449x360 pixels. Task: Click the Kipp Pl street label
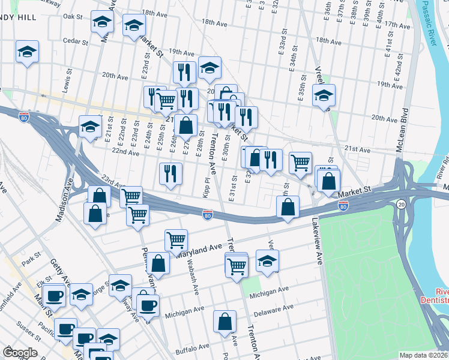(x=206, y=187)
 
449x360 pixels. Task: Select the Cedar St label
(x=76, y=43)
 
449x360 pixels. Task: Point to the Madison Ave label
(x=64, y=203)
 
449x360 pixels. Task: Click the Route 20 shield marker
(x=400, y=205)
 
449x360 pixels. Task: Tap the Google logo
(x=20, y=352)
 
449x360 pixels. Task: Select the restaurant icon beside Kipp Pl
(x=170, y=174)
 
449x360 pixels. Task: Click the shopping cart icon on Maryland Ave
(x=176, y=240)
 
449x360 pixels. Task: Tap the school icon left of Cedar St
(x=27, y=52)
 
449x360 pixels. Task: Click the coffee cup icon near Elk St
(x=55, y=296)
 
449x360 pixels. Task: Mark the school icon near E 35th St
(x=324, y=95)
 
